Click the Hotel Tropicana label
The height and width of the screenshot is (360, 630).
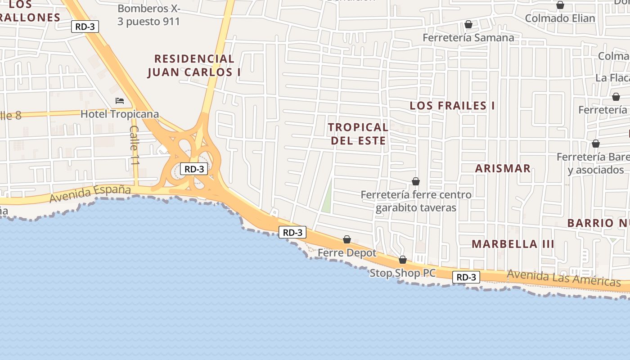(120, 114)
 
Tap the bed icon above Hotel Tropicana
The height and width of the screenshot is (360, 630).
(120, 101)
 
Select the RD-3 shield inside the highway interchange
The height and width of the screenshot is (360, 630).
(194, 169)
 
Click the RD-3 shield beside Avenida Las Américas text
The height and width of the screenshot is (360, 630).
(466, 277)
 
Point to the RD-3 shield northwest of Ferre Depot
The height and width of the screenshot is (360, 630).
(292, 232)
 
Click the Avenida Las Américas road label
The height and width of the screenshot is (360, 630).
(563, 278)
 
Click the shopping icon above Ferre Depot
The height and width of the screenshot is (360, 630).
(347, 239)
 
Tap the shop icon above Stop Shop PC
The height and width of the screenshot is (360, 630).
(403, 260)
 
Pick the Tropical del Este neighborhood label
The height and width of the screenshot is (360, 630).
(358, 134)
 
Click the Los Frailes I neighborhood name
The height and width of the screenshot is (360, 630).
(452, 106)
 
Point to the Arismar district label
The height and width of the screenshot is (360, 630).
(503, 169)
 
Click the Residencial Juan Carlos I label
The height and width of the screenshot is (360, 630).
(194, 65)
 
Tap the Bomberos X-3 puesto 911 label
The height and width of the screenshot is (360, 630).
(148, 15)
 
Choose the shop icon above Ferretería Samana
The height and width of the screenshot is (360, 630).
(468, 24)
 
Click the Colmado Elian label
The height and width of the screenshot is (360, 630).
(560, 18)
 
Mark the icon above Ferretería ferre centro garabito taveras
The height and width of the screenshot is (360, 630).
(416, 181)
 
